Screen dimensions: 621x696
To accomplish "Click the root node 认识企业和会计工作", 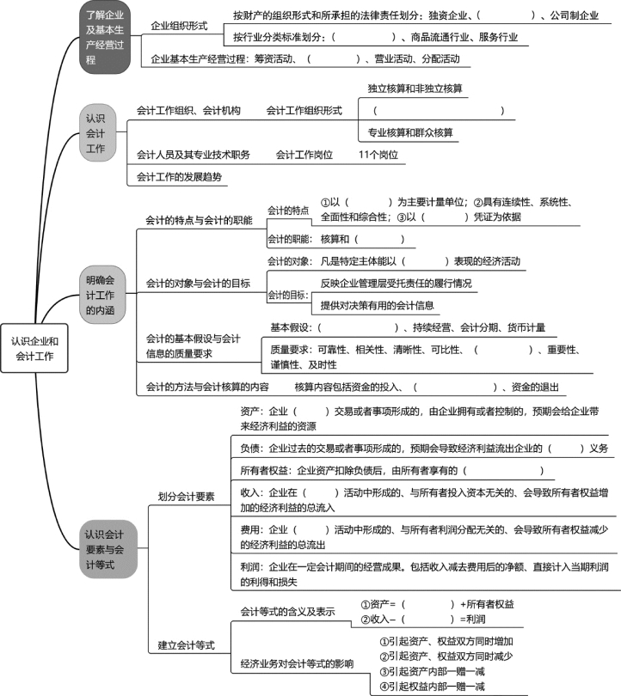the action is click(x=34, y=349).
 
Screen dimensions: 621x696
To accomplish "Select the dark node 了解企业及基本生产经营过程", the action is click(x=105, y=37).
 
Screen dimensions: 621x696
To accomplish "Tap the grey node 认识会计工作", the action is click(x=97, y=133).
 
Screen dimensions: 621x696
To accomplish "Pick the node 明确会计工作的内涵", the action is click(x=101, y=295).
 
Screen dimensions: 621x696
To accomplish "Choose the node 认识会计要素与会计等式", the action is click(x=108, y=549).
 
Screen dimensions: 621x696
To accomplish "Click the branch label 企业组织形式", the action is click(x=179, y=26).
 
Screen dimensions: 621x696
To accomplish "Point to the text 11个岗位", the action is click(x=378, y=155).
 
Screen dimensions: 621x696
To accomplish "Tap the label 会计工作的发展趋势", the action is click(x=179, y=177).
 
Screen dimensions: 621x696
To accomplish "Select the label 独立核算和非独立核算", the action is click(x=415, y=89).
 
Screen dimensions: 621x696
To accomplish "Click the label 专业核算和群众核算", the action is click(x=410, y=132).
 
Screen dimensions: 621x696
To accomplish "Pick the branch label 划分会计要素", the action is click(x=186, y=497).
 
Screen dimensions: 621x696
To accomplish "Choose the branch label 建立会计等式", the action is click(x=186, y=645).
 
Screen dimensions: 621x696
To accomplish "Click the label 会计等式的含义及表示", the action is click(x=287, y=612).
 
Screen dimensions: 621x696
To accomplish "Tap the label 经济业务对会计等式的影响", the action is click(x=297, y=664).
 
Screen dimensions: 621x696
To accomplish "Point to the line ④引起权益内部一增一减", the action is click(x=432, y=687).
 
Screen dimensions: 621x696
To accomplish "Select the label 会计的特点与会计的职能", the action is click(x=199, y=221).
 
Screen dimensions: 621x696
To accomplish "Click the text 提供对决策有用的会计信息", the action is click(x=377, y=305).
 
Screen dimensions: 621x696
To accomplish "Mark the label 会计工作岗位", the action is click(x=304, y=155).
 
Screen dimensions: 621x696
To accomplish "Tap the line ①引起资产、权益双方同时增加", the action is click(x=446, y=641).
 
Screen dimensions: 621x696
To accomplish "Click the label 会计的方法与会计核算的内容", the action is click(x=207, y=387).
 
